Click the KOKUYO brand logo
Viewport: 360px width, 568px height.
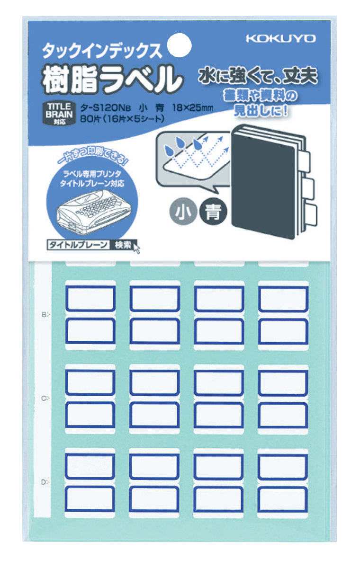280,39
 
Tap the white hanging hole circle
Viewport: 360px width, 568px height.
180,45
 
